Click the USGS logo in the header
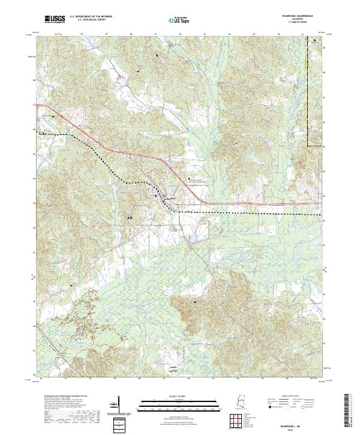tap(55, 19)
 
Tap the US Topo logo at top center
tap(172, 20)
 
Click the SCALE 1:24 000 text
tap(172, 396)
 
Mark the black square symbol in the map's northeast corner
tap(315, 41)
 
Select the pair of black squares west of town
tap(130, 217)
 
